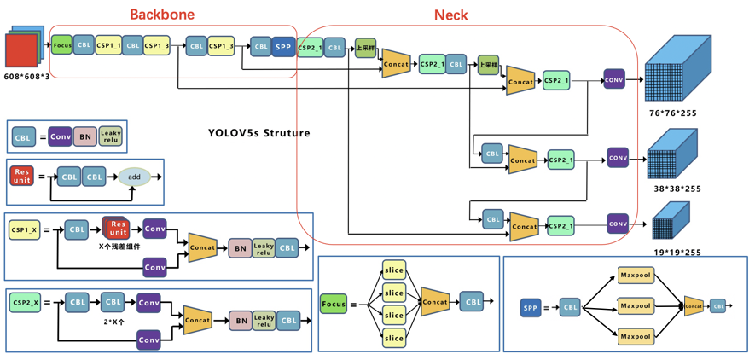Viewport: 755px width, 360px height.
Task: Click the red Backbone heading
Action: coord(162,14)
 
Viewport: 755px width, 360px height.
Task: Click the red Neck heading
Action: coord(450,15)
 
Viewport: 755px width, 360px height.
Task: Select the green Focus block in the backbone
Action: coord(61,44)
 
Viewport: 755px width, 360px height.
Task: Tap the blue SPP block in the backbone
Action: coord(283,47)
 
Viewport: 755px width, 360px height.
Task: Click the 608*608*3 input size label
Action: coord(27,77)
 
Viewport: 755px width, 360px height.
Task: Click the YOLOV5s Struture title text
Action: coord(258,133)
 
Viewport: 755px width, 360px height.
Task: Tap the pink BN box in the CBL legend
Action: coord(84,136)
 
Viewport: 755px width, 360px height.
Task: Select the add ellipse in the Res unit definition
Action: coord(134,177)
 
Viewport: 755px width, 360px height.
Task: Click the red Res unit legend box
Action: coord(21,177)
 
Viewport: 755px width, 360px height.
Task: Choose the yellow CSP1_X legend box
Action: coord(24,230)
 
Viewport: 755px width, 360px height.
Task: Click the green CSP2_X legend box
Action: coord(24,302)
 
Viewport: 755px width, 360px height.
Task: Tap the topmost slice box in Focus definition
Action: coord(393,270)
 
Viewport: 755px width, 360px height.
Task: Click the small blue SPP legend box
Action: coord(530,307)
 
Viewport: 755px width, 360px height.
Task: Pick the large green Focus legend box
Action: coord(334,304)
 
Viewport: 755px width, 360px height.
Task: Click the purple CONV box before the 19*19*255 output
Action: coord(618,224)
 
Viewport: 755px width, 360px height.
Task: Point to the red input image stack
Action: coord(22,50)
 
